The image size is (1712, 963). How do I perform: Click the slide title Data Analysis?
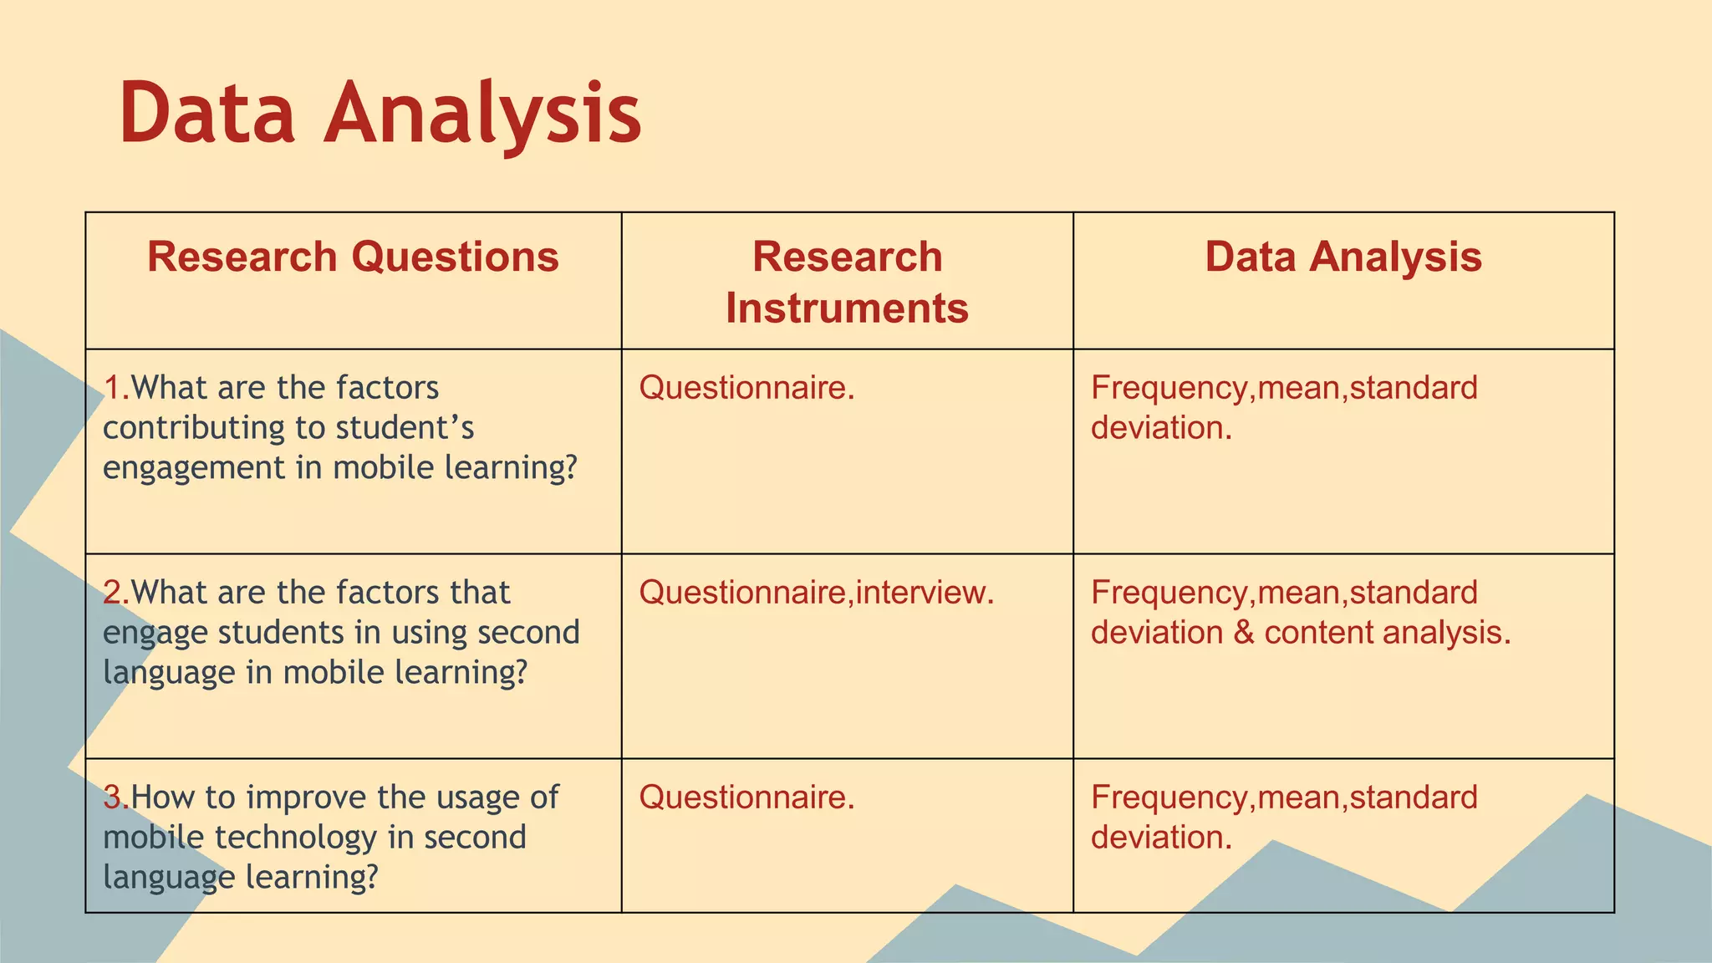pyautogui.click(x=380, y=113)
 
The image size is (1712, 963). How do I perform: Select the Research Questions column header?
pyautogui.click(x=353, y=257)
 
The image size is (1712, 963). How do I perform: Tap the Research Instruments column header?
pyautogui.click(x=847, y=282)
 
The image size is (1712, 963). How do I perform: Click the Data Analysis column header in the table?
pyautogui.click(x=1343, y=257)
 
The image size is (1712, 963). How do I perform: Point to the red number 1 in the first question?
pyautogui.click(x=112, y=388)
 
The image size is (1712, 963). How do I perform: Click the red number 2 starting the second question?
pyautogui.click(x=113, y=593)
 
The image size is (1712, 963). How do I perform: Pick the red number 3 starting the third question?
pyautogui.click(x=113, y=797)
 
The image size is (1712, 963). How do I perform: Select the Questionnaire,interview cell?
pyautogui.click(x=816, y=593)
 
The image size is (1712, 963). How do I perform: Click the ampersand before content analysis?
pyautogui.click(x=1243, y=633)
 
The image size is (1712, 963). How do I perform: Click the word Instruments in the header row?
pyautogui.click(x=847, y=308)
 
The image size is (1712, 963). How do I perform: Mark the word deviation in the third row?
pyautogui.click(x=1160, y=838)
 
